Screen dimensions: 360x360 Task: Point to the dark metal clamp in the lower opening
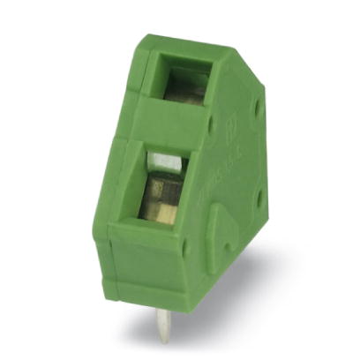161,187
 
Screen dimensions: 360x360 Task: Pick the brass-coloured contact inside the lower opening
165,212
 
